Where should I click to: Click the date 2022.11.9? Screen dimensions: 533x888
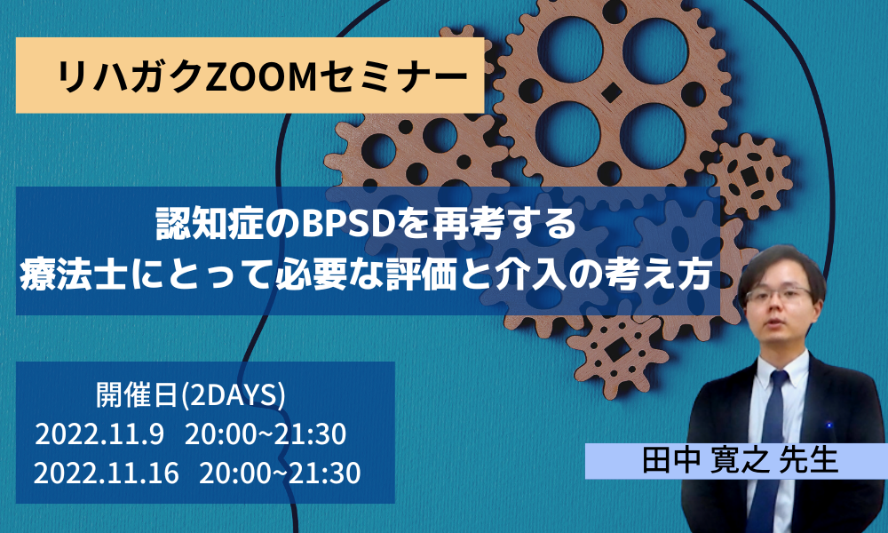(99, 435)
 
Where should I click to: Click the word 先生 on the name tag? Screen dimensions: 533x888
(806, 461)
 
